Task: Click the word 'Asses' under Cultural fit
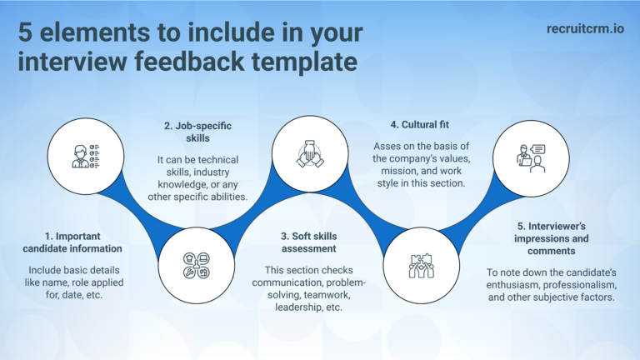pos(387,145)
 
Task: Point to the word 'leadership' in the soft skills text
pos(291,306)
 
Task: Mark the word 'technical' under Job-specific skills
pos(215,159)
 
